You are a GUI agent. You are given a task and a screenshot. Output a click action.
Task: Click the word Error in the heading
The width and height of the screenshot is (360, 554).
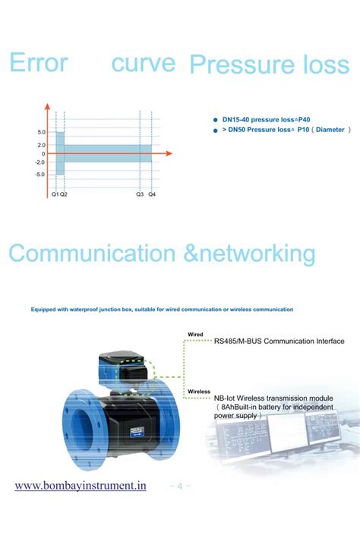(x=39, y=63)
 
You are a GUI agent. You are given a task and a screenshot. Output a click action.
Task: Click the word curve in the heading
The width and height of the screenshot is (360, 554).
(x=143, y=63)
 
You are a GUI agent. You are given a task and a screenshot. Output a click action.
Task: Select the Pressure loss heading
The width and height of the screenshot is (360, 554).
(x=269, y=65)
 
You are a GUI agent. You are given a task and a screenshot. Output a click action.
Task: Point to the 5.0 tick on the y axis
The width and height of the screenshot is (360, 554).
(x=41, y=132)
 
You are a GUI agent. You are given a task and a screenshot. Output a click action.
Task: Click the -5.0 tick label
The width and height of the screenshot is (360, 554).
(x=40, y=174)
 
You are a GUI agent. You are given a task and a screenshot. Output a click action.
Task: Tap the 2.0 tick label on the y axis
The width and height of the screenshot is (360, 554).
(x=41, y=145)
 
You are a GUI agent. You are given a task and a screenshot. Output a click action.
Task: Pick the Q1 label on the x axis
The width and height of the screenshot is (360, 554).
(x=55, y=195)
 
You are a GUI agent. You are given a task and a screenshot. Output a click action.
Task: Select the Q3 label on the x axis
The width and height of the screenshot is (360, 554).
(x=140, y=195)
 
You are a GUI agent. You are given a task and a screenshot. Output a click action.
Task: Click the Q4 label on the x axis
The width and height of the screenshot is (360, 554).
(x=152, y=195)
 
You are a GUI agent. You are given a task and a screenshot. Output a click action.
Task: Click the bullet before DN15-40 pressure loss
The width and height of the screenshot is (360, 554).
(x=216, y=119)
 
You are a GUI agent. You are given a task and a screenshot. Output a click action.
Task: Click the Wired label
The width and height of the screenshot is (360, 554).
(x=195, y=334)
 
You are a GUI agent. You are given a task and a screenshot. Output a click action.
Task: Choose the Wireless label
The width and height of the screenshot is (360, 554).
(x=198, y=392)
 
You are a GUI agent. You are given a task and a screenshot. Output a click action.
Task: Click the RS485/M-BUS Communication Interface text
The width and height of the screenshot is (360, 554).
(x=279, y=342)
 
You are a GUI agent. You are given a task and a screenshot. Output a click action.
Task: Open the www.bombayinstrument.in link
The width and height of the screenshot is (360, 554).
(x=81, y=486)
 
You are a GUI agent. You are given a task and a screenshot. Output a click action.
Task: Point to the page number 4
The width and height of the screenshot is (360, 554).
(x=180, y=486)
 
